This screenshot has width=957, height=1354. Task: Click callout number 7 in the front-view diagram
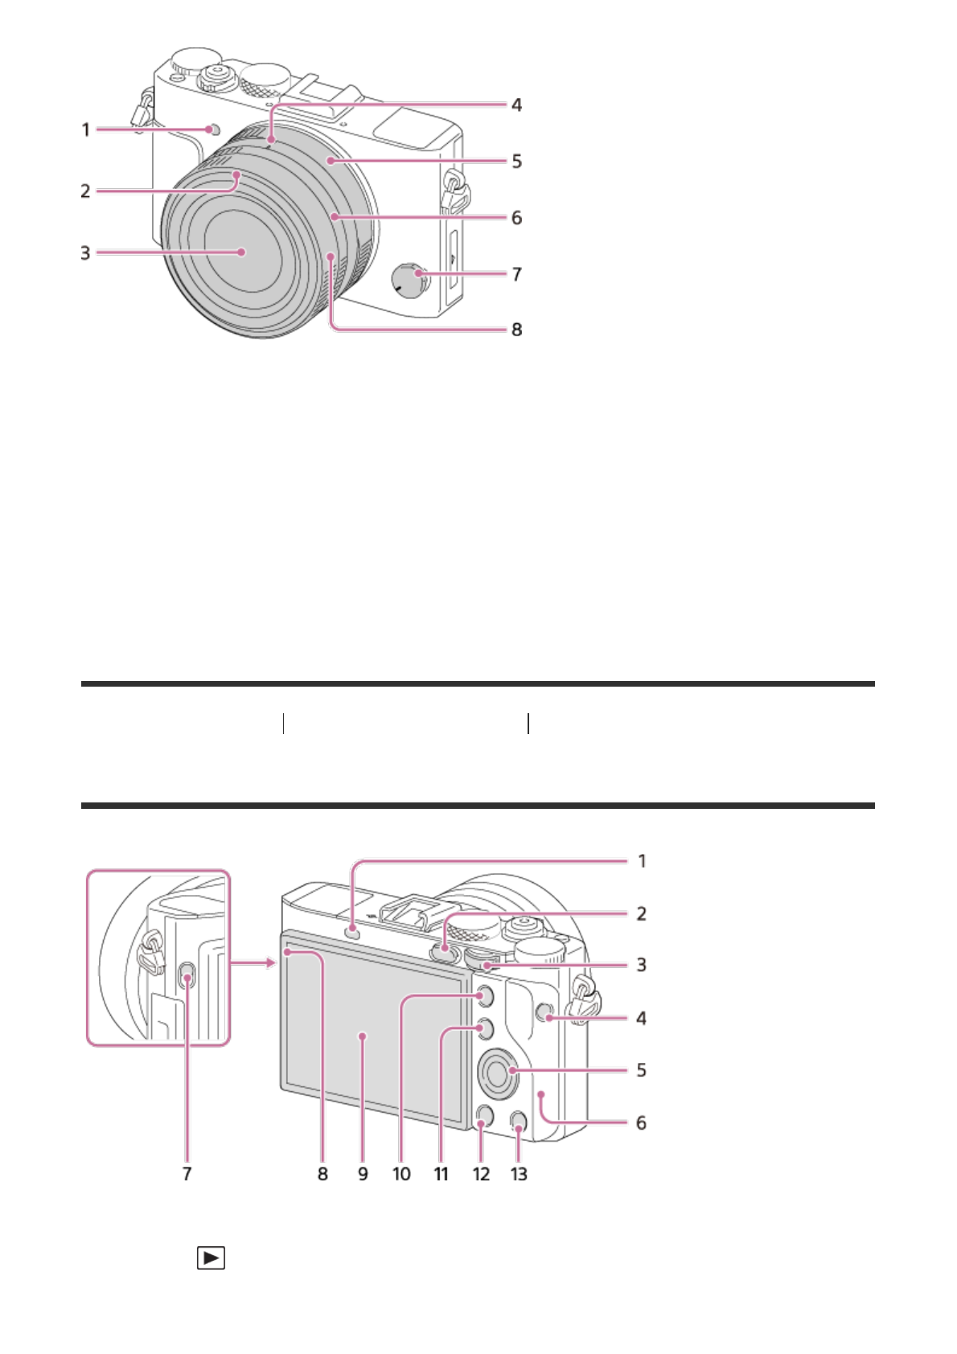pos(516,275)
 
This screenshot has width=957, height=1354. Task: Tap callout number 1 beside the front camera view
pos(86,129)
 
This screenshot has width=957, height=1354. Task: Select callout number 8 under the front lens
pos(516,330)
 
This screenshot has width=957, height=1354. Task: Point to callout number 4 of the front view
pos(516,105)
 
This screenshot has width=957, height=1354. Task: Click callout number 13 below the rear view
pos(519,1174)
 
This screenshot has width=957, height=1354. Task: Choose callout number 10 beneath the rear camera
pos(401,1174)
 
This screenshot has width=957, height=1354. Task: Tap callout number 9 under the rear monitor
pos(363,1174)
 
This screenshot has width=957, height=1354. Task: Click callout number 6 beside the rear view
pos(641,1122)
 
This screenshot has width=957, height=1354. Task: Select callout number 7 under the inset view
pos(187,1174)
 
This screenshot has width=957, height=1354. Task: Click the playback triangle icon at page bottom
pos(211,1258)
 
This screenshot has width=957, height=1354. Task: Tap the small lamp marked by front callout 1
pos(212,129)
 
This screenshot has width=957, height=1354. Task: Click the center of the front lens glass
pos(241,252)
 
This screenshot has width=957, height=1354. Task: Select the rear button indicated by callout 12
pos(483,1114)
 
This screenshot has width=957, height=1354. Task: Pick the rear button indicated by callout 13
pos(519,1119)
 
